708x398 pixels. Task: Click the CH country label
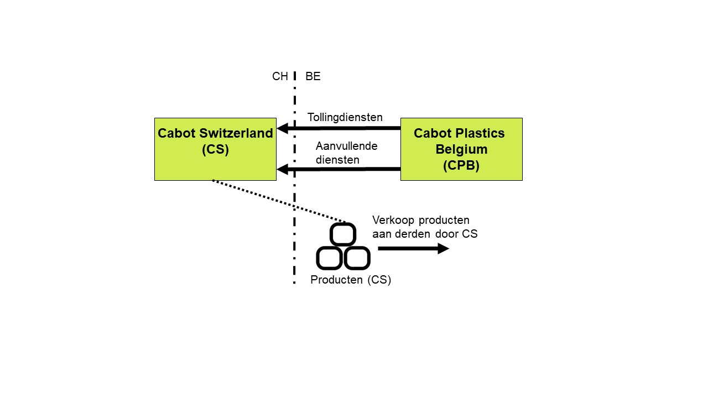[x=280, y=76]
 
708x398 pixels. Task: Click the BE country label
[x=313, y=76]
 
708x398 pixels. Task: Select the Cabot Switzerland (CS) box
[x=215, y=149]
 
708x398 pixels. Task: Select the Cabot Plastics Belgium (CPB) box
[x=461, y=149]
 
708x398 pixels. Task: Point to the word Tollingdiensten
[x=345, y=117]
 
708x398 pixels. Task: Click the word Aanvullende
[x=346, y=146]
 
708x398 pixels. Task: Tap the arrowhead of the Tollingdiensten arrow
[x=283, y=128]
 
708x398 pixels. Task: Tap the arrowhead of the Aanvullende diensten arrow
[x=283, y=169]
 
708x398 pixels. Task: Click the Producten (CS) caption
[x=351, y=280]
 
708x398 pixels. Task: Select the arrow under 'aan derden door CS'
[x=413, y=249]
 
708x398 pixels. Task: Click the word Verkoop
[x=393, y=220]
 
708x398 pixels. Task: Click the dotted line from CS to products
[x=279, y=201]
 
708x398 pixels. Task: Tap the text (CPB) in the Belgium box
[x=461, y=165]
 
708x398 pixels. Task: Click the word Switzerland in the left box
[x=236, y=133]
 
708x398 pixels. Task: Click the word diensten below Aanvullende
[x=337, y=160]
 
